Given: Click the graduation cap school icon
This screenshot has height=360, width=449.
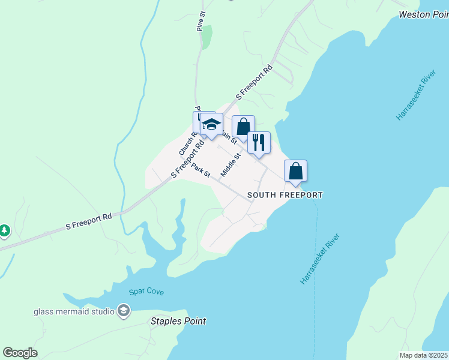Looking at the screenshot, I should [211, 124].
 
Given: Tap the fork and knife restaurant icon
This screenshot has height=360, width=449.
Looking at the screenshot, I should [259, 143].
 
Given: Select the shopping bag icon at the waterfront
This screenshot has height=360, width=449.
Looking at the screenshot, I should [296, 171].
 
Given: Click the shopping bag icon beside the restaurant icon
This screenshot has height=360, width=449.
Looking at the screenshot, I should [243, 127].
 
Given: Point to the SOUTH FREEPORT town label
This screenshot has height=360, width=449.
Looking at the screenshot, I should [285, 195].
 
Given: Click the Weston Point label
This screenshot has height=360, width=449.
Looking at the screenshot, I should [423, 14].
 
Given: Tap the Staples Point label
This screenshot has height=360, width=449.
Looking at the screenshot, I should [178, 321].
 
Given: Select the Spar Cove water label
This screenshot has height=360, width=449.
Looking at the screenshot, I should [146, 292].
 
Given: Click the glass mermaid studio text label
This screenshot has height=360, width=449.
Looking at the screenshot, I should [74, 311].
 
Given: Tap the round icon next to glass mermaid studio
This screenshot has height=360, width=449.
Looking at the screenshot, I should [123, 311].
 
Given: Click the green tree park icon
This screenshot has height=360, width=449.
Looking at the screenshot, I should [4, 230].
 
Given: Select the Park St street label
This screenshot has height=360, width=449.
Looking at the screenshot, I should [200, 170].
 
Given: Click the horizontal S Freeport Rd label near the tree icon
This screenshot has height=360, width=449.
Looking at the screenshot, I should [89, 221].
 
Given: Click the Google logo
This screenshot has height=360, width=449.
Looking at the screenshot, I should [20, 353].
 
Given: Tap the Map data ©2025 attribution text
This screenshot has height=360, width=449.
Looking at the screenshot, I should [424, 355].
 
